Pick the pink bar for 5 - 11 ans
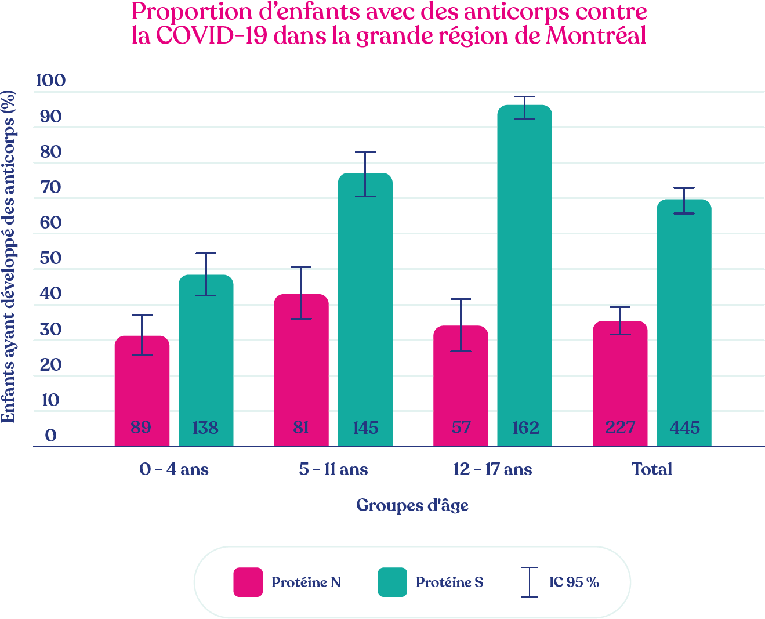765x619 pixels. tap(301, 371)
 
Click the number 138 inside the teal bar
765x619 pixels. tap(205, 429)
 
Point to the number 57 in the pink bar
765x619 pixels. tap(461, 428)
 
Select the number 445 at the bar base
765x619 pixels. tap(684, 429)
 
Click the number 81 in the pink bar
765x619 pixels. tap(301, 428)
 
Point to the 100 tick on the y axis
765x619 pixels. tap(50, 81)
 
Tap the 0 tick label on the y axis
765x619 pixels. tap(51, 436)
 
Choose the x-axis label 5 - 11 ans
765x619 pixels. tap(333, 469)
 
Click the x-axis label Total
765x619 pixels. tap(652, 469)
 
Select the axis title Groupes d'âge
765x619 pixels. tap(412, 505)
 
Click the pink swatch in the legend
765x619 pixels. tap(248, 582)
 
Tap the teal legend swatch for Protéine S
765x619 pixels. tap(392, 582)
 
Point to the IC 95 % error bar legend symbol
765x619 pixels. tap(530, 582)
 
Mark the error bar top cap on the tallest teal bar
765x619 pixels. tap(524, 97)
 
